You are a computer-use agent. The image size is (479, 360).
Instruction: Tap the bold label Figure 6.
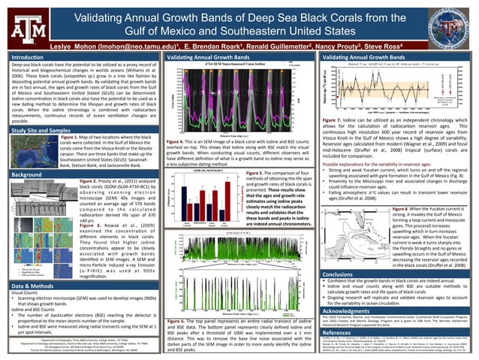click(175, 300)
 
